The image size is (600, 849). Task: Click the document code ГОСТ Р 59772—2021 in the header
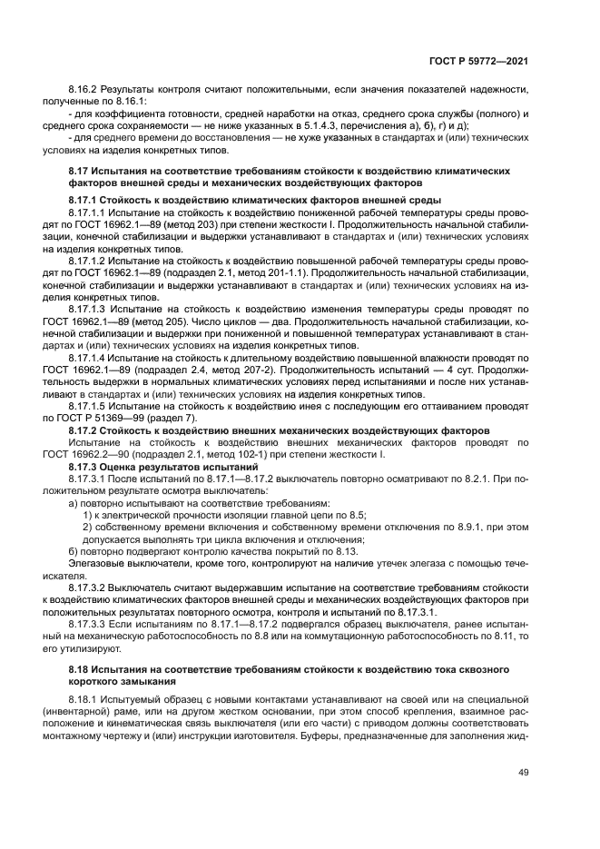pyautogui.click(x=477, y=61)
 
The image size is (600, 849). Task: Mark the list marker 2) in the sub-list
pyautogui.click(x=87, y=527)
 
